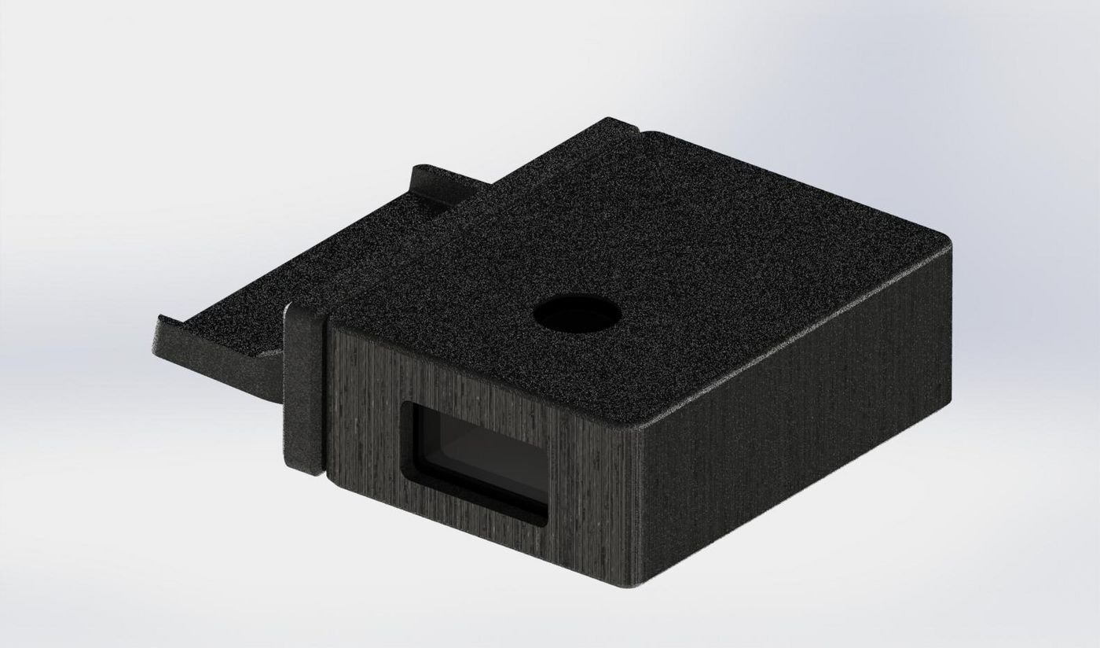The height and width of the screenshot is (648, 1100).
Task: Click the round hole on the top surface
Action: point(577,315)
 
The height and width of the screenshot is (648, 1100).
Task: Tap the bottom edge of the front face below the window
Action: point(487,543)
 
